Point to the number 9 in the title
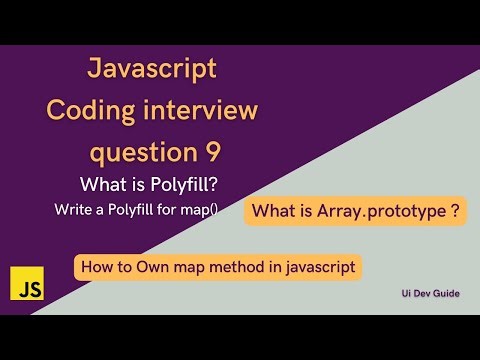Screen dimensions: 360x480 [230, 152]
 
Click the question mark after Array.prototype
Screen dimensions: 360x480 [455, 211]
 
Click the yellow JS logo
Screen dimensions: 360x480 [22, 287]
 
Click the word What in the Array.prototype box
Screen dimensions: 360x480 [273, 211]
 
